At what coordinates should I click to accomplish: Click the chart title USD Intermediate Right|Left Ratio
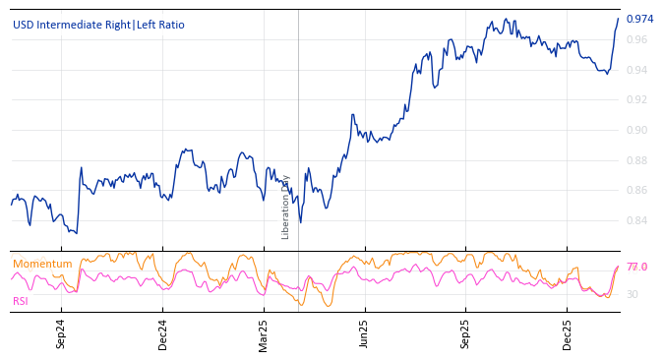pyautogui.click(x=98, y=26)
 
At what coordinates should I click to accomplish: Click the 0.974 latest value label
pyautogui.click(x=639, y=19)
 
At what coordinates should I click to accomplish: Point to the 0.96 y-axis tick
pyautogui.click(x=636, y=40)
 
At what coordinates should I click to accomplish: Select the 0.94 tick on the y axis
pyautogui.click(x=636, y=70)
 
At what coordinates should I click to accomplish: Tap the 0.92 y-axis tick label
pyautogui.click(x=636, y=100)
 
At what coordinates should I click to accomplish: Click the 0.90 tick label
pyautogui.click(x=636, y=130)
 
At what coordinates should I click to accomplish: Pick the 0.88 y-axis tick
pyautogui.click(x=636, y=160)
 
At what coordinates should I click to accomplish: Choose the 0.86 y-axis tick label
pyautogui.click(x=636, y=191)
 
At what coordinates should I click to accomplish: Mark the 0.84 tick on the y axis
pyautogui.click(x=636, y=220)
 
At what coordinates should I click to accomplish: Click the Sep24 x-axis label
pyautogui.click(x=61, y=334)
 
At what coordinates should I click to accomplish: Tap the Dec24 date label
pyautogui.click(x=163, y=334)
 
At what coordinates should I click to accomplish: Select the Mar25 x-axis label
pyautogui.click(x=264, y=334)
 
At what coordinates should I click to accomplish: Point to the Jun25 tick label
pyautogui.click(x=365, y=334)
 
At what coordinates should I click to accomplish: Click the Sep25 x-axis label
pyautogui.click(x=466, y=334)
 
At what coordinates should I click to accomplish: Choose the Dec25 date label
pyautogui.click(x=568, y=334)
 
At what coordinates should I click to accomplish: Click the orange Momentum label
pyautogui.click(x=42, y=265)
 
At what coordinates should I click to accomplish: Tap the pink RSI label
pyautogui.click(x=21, y=301)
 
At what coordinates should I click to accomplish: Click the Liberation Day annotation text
pyautogui.click(x=286, y=207)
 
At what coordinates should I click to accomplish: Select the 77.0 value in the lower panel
pyautogui.click(x=636, y=268)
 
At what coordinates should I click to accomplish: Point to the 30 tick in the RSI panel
pyautogui.click(x=633, y=294)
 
